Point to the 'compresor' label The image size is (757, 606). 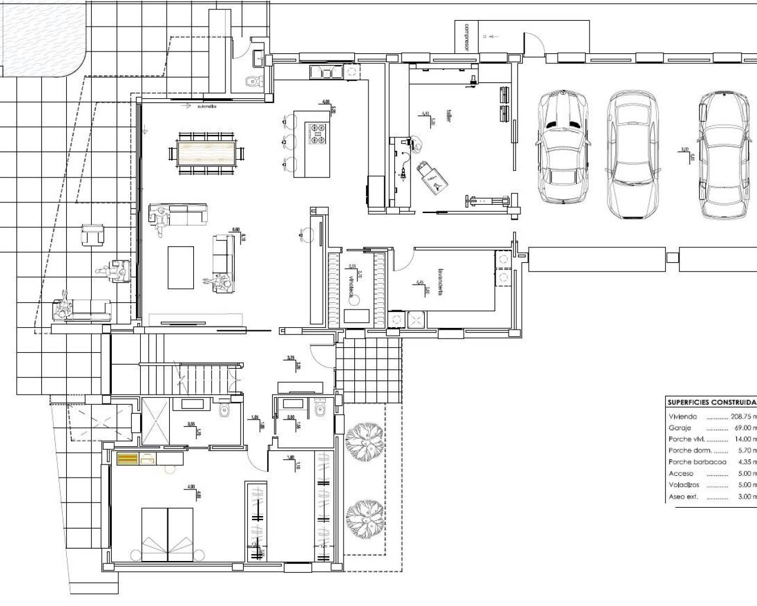pos(467,37)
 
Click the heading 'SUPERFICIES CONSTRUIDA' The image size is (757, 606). pos(711,402)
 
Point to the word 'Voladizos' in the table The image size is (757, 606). pos(684,485)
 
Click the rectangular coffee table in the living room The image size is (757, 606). pos(181,267)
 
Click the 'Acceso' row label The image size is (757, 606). pos(681,473)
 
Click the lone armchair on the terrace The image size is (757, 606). pos(93,236)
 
